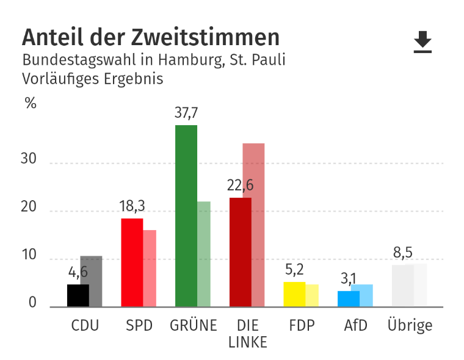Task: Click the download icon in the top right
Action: click(x=422, y=42)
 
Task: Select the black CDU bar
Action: click(x=78, y=295)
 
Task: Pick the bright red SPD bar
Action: click(x=132, y=262)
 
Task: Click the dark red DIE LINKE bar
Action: click(x=240, y=251)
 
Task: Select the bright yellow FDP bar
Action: click(x=294, y=294)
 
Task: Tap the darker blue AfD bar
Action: click(x=348, y=298)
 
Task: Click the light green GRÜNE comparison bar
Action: click(x=204, y=254)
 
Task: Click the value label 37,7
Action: click(x=186, y=113)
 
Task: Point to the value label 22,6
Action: click(x=241, y=185)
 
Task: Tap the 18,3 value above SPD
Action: click(x=131, y=206)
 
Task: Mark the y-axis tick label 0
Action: click(x=32, y=303)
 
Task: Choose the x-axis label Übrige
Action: click(x=410, y=326)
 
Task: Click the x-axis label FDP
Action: click(x=302, y=326)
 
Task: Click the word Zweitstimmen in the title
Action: click(x=205, y=38)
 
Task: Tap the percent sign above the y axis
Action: click(x=31, y=103)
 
